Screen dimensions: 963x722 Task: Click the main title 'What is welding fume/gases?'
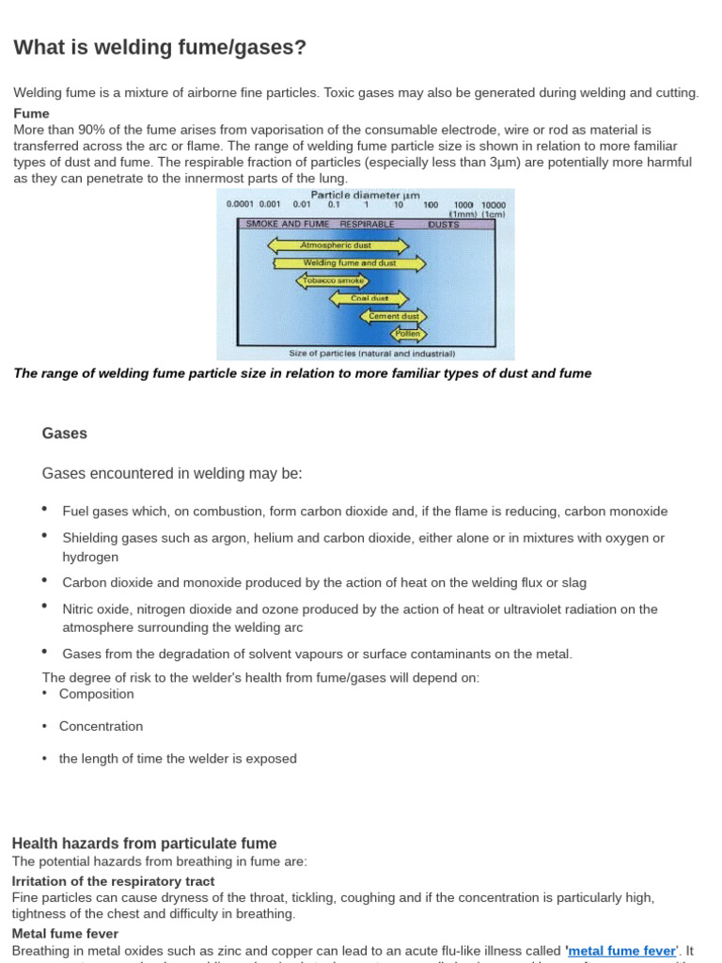[159, 47]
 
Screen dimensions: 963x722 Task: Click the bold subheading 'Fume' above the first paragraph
[31, 113]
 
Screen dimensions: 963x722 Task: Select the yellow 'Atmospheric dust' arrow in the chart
[338, 245]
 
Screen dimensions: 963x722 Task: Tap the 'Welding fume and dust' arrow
[349, 263]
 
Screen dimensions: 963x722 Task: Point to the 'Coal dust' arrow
[369, 299]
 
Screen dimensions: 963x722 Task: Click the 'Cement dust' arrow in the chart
[393, 317]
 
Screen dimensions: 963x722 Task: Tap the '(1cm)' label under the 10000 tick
[495, 213]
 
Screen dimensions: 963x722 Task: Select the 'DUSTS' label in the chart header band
[443, 224]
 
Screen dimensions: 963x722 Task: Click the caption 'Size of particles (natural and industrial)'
[371, 354]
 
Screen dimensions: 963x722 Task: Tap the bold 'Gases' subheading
[65, 434]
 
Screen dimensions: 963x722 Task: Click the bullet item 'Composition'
[96, 694]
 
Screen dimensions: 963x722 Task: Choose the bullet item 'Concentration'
[101, 726]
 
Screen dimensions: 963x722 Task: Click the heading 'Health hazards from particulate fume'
[144, 844]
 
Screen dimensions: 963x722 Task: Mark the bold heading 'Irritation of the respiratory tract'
[113, 881]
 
